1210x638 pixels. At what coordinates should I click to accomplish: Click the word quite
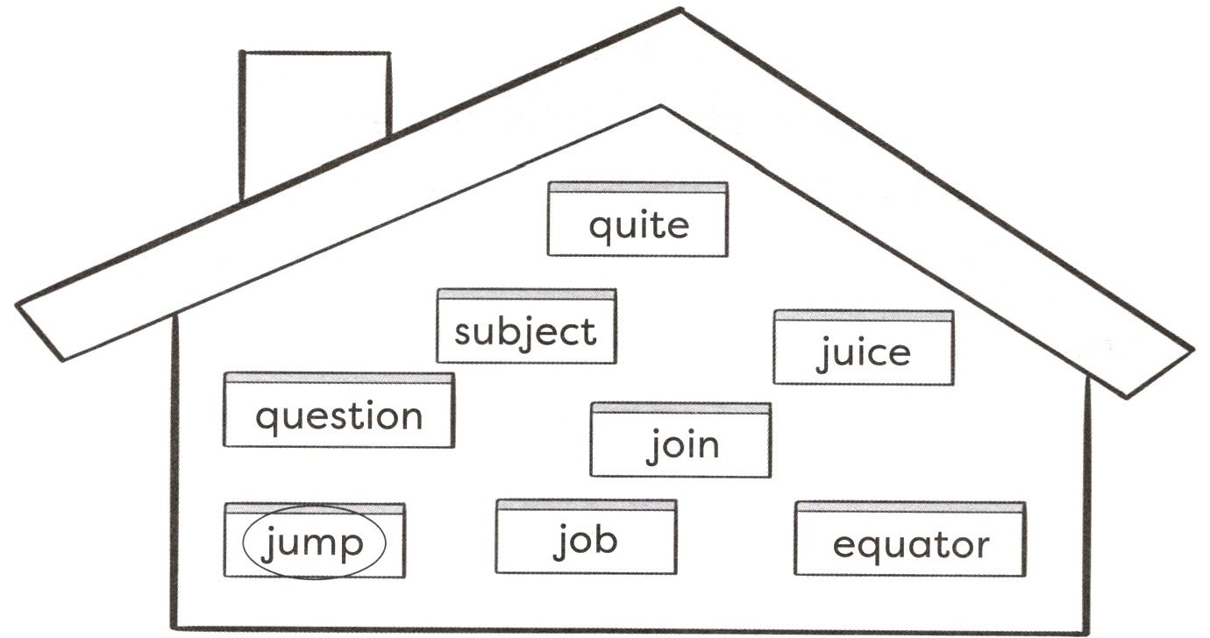pyautogui.click(x=639, y=228)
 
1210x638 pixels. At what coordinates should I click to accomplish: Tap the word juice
pyautogui.click(x=863, y=353)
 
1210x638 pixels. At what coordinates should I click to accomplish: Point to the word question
pyautogui.click(x=338, y=418)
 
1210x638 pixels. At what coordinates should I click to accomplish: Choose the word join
pyautogui.click(x=682, y=446)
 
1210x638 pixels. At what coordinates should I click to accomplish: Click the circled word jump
pyautogui.click(x=311, y=543)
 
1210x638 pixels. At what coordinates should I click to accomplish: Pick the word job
pyautogui.click(x=586, y=542)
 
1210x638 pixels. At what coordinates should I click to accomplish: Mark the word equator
pyautogui.click(x=911, y=547)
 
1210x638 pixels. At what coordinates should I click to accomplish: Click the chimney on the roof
pyautogui.click(x=315, y=124)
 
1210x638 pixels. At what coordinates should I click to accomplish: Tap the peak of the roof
pyautogui.click(x=680, y=10)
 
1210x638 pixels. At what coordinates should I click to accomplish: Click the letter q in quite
pyautogui.click(x=600, y=231)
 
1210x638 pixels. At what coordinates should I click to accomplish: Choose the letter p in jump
pyautogui.click(x=351, y=549)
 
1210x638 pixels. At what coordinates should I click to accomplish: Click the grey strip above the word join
pyautogui.click(x=680, y=408)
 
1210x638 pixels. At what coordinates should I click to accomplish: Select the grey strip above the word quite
pyautogui.click(x=638, y=188)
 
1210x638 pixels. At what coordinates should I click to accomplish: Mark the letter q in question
pyautogui.click(x=267, y=422)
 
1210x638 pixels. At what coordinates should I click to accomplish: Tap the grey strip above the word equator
pyautogui.click(x=910, y=507)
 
